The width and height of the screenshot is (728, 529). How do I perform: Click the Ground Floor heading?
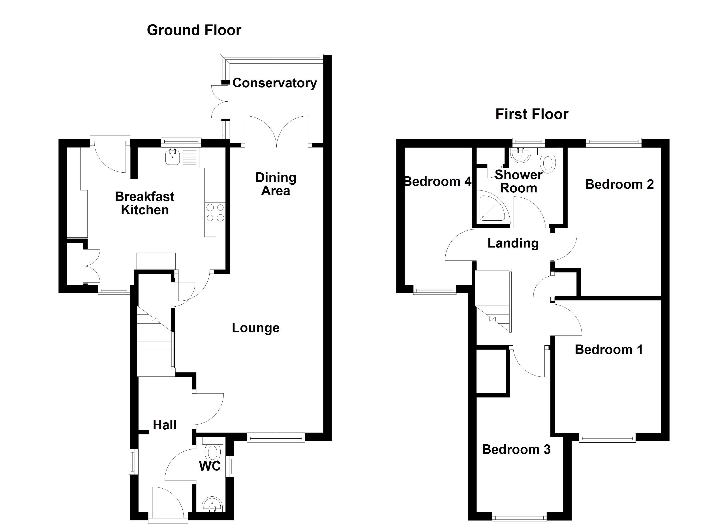pyautogui.click(x=194, y=30)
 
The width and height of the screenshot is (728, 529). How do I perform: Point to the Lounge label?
pyautogui.click(x=255, y=328)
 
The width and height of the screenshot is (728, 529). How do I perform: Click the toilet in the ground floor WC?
pyautogui.click(x=212, y=452)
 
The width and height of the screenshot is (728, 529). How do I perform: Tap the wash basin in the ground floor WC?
pyautogui.click(x=212, y=505)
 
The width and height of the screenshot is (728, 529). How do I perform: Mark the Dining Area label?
pyautogui.click(x=276, y=184)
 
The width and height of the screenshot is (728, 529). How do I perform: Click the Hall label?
pyautogui.click(x=165, y=425)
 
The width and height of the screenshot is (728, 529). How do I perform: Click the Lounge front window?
pyautogui.click(x=276, y=437)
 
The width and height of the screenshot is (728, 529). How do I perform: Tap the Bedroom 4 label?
pyautogui.click(x=437, y=182)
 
